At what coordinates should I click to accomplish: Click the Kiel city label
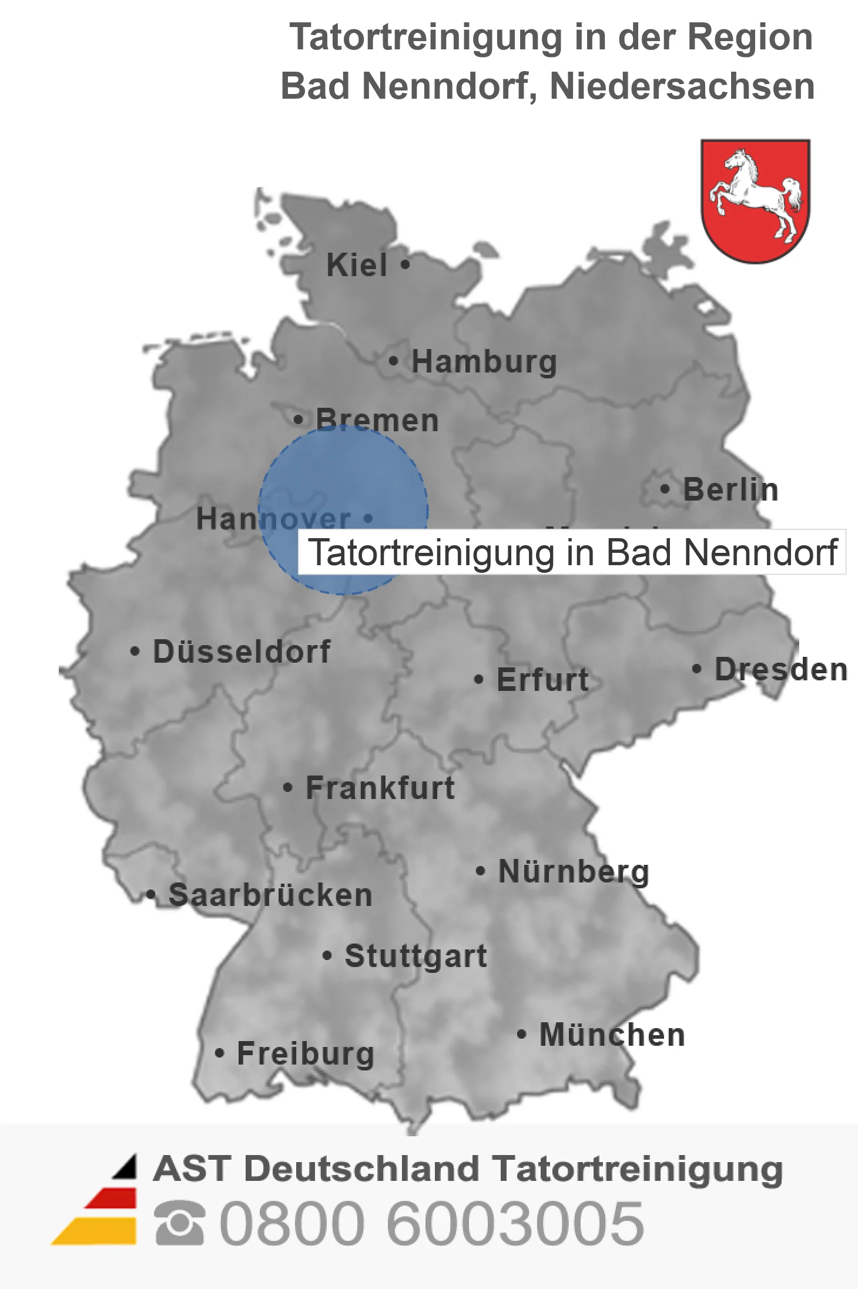click(357, 265)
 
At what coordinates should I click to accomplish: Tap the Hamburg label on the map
click(484, 362)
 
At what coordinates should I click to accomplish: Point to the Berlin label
click(730, 489)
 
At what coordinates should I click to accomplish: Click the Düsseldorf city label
click(242, 652)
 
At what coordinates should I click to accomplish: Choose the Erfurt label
click(542, 680)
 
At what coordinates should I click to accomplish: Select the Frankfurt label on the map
click(380, 788)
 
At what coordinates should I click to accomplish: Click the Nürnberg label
click(574, 871)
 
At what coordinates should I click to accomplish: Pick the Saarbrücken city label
click(270, 895)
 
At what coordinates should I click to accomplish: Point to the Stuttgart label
click(415, 956)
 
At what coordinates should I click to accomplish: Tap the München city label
click(612, 1035)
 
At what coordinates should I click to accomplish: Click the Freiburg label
click(306, 1053)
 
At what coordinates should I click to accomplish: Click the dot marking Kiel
click(405, 264)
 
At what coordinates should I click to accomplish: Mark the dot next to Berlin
click(665, 489)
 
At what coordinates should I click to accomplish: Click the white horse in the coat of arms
click(756, 194)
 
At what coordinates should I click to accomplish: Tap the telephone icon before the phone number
click(179, 1223)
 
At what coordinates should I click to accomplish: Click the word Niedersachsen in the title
click(682, 86)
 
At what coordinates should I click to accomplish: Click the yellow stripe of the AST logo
click(97, 1231)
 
